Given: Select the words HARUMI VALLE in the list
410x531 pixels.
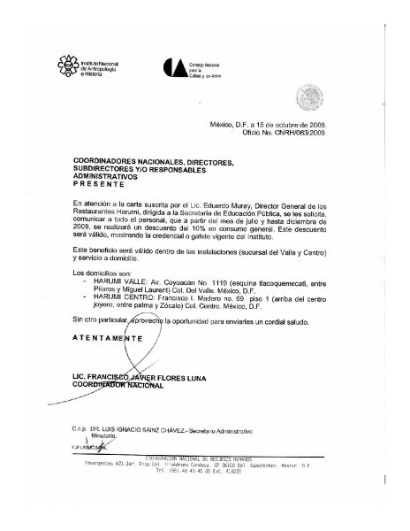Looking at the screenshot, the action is (x=112, y=265).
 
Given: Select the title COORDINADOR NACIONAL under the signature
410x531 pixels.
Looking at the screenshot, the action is (x=115, y=385).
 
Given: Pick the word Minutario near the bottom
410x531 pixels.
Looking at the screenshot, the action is (x=103, y=437).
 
